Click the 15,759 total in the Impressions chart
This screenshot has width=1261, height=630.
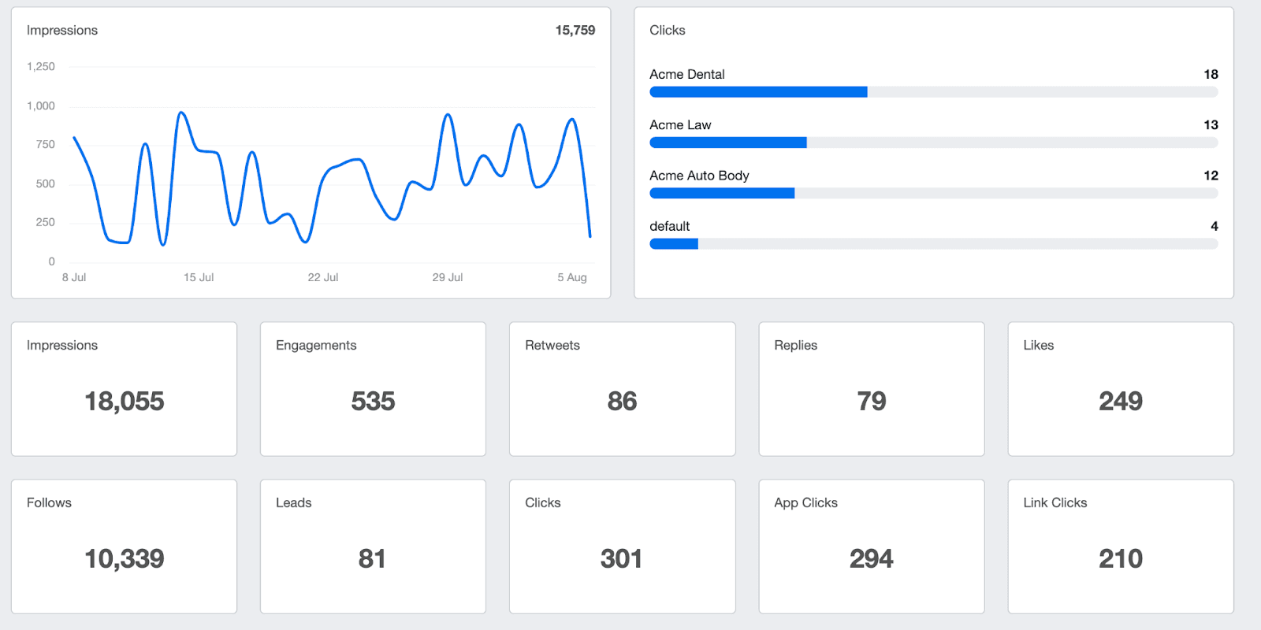(x=575, y=31)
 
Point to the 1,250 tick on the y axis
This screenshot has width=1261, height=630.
(x=41, y=67)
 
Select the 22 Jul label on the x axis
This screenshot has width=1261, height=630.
(x=322, y=277)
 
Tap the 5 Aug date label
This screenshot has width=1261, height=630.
(x=571, y=277)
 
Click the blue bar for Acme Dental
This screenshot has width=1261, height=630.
(x=758, y=92)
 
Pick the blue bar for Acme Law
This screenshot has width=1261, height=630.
(x=727, y=143)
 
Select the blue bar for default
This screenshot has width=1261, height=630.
(x=674, y=244)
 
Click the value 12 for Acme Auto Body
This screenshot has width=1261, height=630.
(x=1211, y=176)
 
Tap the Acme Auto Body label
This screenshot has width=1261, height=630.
(x=699, y=176)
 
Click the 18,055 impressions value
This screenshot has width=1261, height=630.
(x=125, y=402)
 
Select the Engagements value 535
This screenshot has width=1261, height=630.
(x=373, y=402)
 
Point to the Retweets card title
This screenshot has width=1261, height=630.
(x=552, y=346)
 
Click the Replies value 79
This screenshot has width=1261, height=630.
(x=871, y=402)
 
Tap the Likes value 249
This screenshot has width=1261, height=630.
(x=1120, y=402)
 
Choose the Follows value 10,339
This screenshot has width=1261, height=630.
(x=125, y=559)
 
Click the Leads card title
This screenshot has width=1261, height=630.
(x=294, y=503)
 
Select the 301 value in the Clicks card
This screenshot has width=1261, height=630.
(x=621, y=559)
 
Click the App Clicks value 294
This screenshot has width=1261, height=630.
(x=871, y=559)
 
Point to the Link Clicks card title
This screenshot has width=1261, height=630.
(x=1055, y=503)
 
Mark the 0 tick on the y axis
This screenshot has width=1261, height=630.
(x=52, y=261)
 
